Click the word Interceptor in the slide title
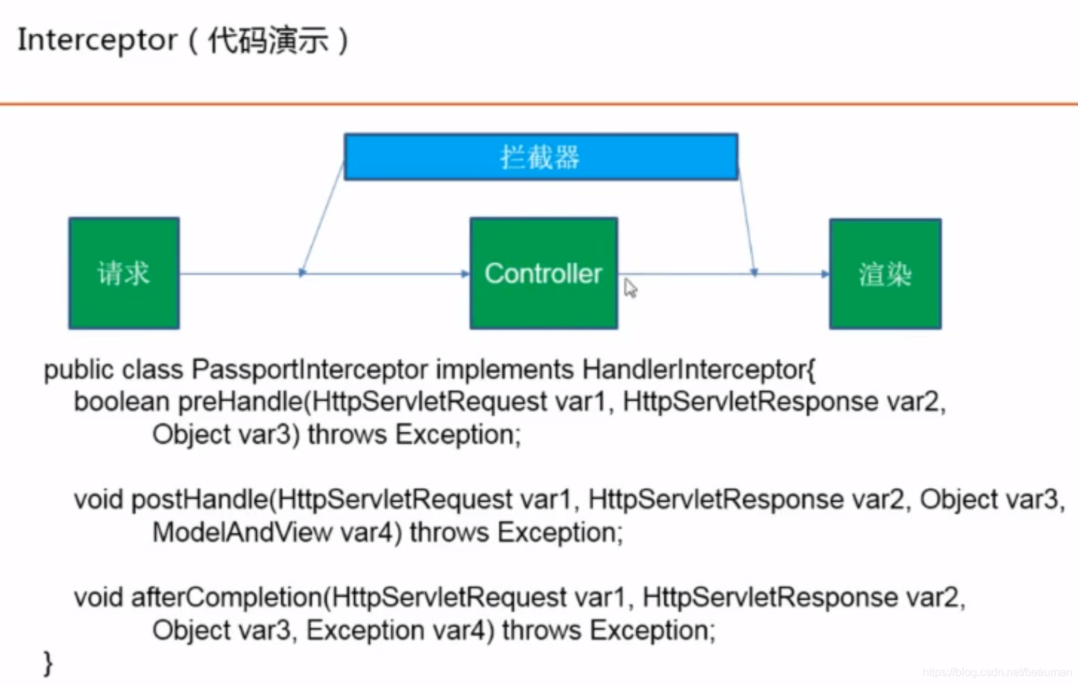point(97,40)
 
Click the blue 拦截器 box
point(540,157)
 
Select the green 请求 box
point(124,273)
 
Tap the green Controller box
point(543,273)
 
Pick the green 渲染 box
point(885,274)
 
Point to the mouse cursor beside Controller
point(629,287)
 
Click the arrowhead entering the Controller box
point(465,274)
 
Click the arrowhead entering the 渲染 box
point(825,274)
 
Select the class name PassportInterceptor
point(310,370)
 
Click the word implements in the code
point(504,370)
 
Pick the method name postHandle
point(200,500)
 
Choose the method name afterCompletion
point(226,598)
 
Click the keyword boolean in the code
point(121,402)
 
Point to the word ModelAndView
point(242,533)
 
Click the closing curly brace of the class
point(48,663)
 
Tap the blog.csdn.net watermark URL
point(996,672)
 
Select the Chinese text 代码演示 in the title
point(268,40)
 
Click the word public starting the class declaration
point(78,370)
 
